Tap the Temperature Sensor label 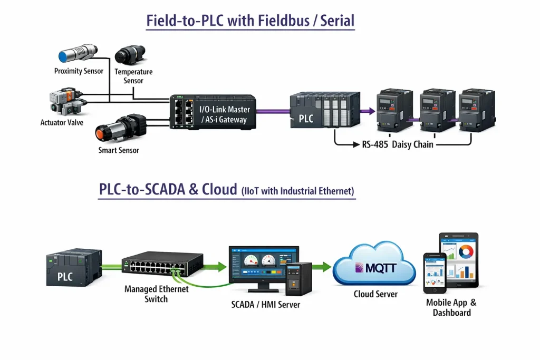[x=133, y=76]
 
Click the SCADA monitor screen [x=262, y=265]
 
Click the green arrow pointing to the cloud [x=322, y=267]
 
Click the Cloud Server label [x=375, y=294]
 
